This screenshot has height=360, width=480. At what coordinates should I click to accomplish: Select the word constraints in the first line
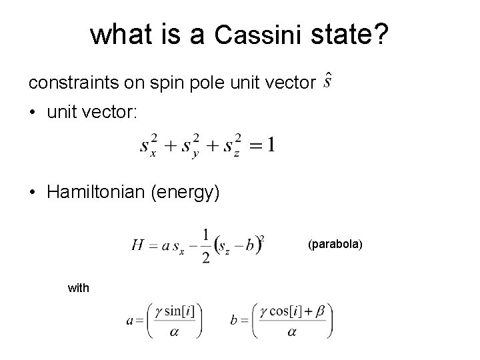coord(67,83)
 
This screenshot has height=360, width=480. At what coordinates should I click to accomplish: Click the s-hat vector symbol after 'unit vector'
coord(327,82)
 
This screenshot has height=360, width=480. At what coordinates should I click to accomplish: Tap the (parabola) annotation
coord(335,245)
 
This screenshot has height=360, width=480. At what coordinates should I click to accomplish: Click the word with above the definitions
coord(78,288)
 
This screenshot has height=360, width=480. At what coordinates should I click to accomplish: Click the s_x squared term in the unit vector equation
coord(149,146)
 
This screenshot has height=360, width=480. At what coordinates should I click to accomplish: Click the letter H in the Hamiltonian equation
coord(138,246)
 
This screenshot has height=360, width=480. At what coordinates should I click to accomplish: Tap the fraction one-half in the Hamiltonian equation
coord(205,245)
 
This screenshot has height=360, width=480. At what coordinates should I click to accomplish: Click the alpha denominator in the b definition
coord(291,331)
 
